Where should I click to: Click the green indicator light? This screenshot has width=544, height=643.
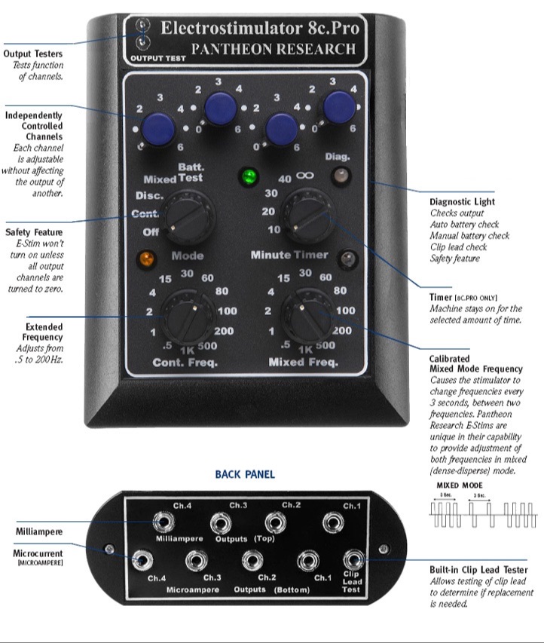pos(246,179)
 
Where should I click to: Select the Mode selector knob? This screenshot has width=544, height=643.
pos(187,216)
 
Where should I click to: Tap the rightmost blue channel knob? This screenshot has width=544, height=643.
pos(340,106)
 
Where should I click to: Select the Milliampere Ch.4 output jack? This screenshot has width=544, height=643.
pos(160,521)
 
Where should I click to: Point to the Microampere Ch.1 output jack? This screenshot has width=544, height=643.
pos(306,560)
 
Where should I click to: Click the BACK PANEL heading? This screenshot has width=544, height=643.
pos(245,474)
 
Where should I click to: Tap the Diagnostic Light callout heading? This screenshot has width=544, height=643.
pos(460,202)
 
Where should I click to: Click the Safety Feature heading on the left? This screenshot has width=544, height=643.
pos(34,232)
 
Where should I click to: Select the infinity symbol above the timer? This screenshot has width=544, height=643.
pos(305,175)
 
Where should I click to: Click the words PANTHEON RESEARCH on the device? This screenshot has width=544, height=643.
pos(273,50)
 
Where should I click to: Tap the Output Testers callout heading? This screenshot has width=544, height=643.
pos(33,54)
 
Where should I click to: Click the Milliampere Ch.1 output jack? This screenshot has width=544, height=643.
pos(332,521)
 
